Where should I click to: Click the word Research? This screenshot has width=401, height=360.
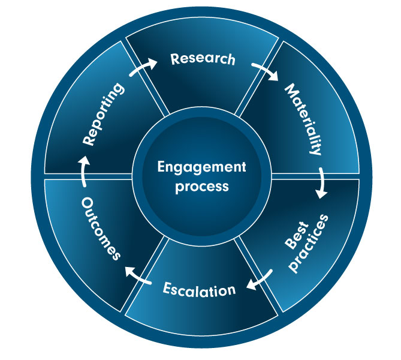tap(202, 60)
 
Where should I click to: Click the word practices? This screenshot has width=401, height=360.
tap(313, 241)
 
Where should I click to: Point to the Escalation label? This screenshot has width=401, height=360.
tap(200, 290)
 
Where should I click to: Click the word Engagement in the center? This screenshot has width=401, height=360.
tap(201, 167)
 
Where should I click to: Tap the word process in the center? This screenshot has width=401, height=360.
tap(201, 186)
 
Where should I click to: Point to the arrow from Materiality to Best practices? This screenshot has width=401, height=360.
tap(322, 183)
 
